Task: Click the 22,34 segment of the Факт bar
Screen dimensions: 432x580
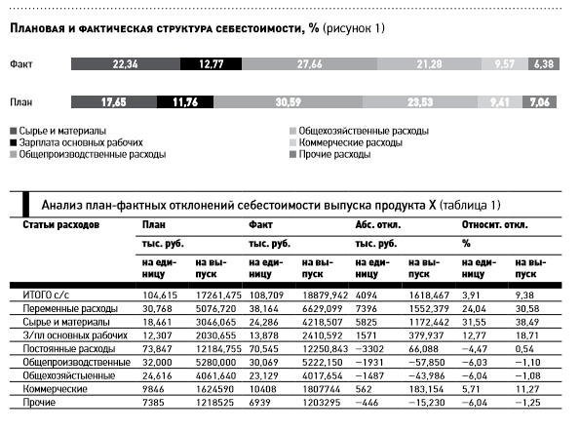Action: pyautogui.click(x=124, y=63)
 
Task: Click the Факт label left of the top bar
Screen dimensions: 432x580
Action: pyautogui.click(x=23, y=63)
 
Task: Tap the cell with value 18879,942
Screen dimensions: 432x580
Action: pyautogui.click(x=326, y=294)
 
